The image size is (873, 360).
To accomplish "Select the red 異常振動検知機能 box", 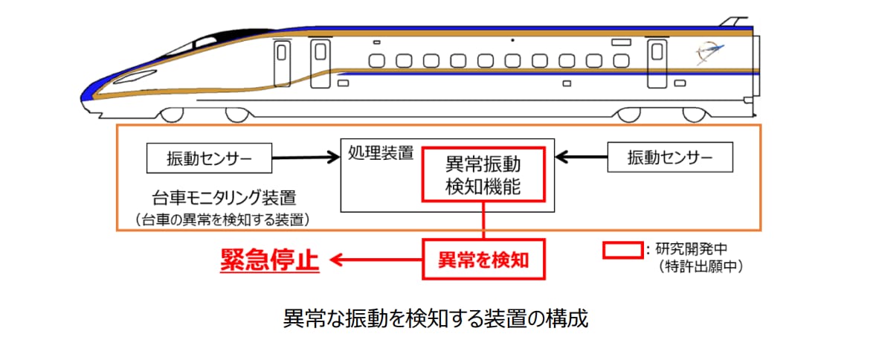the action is tap(483, 175).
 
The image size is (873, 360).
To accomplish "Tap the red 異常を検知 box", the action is tap(483, 259).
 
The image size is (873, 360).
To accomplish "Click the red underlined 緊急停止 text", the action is tap(269, 260).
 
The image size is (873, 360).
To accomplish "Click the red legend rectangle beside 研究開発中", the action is tap(622, 249).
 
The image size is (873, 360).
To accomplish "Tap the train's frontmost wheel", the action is tap(172, 115).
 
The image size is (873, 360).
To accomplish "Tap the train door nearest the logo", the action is tap(657, 63).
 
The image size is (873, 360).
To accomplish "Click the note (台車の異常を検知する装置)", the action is tap(222, 219).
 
